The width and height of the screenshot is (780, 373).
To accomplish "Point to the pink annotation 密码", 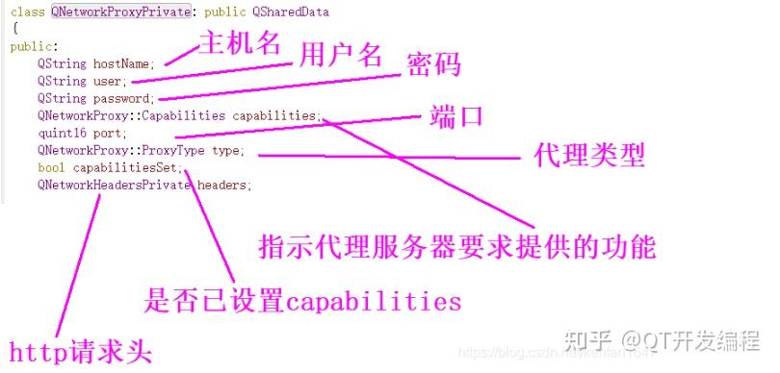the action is tap(433, 65).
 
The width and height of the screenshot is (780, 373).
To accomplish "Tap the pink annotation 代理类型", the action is tap(588, 155).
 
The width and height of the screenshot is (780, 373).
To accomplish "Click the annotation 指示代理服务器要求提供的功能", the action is tap(457, 246).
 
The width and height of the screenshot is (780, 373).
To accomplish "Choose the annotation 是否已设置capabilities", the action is tap(302, 301).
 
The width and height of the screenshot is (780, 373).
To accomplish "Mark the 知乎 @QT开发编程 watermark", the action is tap(673, 339).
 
